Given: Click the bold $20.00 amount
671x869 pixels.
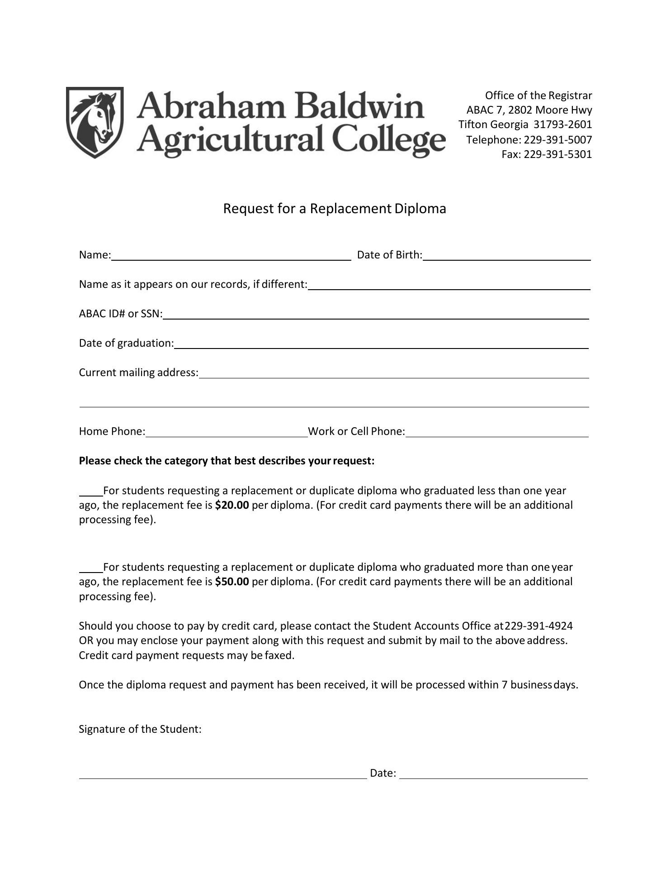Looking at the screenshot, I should click(x=232, y=505).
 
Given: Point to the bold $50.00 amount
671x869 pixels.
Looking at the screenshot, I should click(x=232, y=582).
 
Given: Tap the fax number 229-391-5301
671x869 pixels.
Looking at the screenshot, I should click(x=558, y=154).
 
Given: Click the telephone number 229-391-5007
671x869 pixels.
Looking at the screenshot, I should click(x=558, y=139).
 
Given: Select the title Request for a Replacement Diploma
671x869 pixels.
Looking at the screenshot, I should click(x=335, y=209).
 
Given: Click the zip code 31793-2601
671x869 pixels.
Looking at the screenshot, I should click(x=562, y=124).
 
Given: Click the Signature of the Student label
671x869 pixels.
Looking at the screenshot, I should click(x=140, y=729).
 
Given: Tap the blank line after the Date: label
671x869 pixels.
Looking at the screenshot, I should click(x=493, y=775).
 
